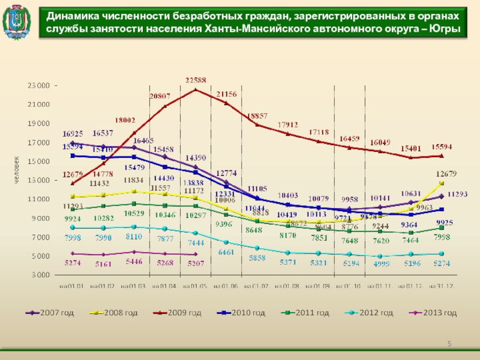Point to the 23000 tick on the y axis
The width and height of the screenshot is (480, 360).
[38, 86]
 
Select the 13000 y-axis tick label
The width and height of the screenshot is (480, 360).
[38, 181]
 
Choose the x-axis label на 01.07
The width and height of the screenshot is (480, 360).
[257, 287]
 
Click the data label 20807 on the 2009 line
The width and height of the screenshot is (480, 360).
[160, 96]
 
